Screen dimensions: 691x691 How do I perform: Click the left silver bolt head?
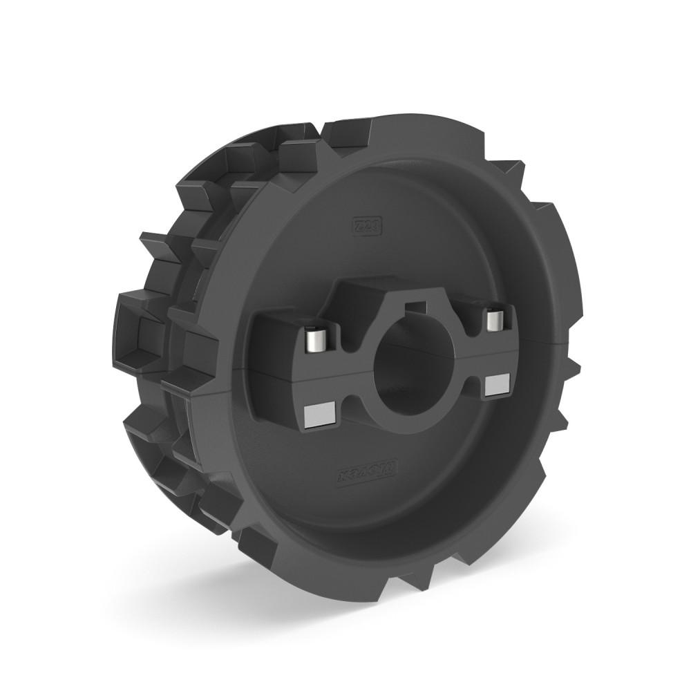[317, 339]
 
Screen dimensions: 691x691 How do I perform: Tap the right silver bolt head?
[494, 320]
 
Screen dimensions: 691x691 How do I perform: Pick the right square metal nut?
[496, 385]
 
